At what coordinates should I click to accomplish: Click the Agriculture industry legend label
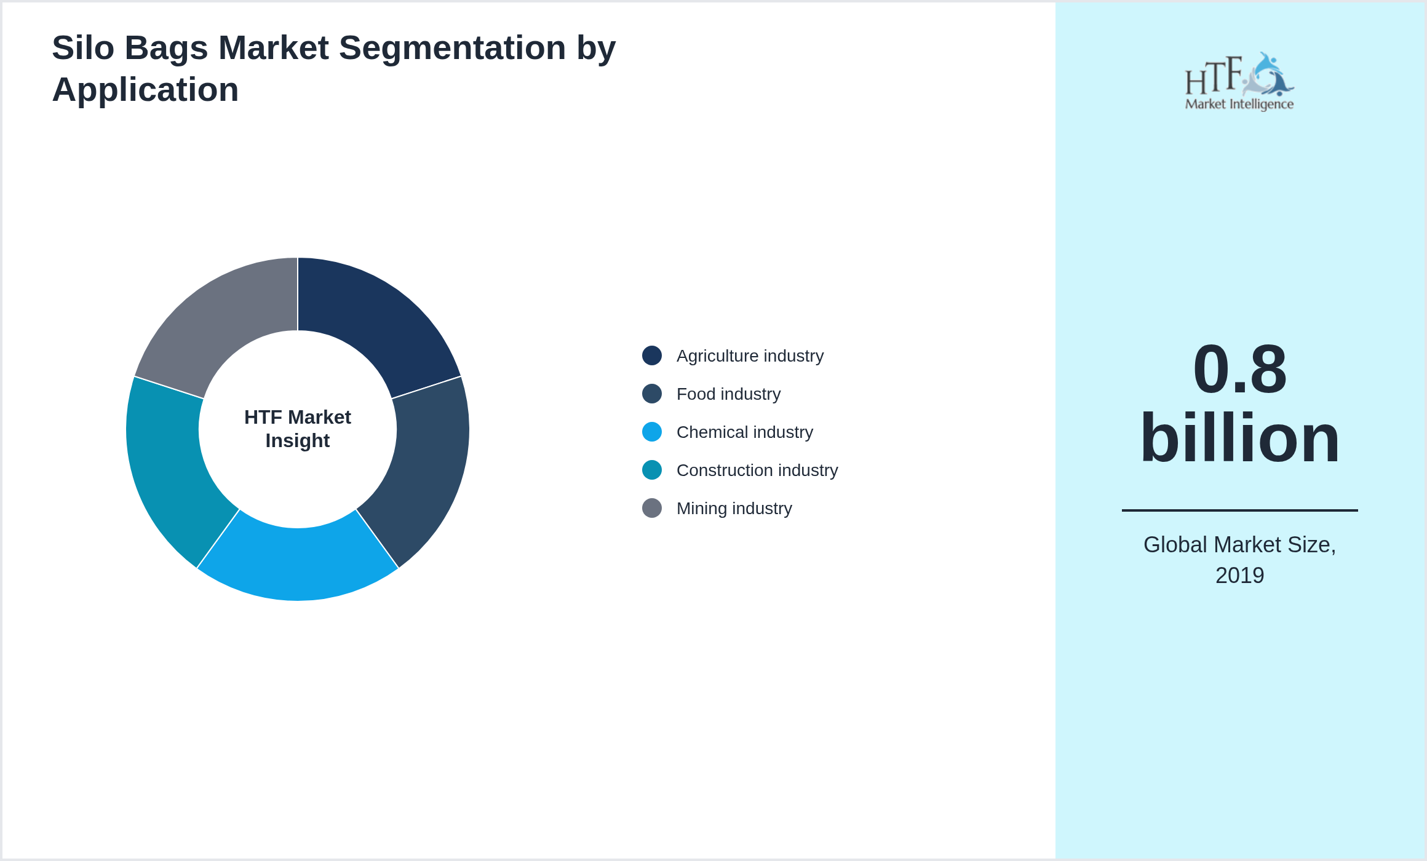point(749,356)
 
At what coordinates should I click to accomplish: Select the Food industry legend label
point(728,394)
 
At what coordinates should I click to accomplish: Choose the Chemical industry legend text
point(744,432)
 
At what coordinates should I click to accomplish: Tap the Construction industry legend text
point(757,470)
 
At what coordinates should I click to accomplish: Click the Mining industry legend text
point(734,509)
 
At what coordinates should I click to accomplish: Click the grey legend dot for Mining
point(652,508)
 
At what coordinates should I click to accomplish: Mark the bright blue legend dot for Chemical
point(652,432)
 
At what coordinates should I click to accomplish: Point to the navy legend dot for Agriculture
point(652,355)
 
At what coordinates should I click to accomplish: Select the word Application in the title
point(145,90)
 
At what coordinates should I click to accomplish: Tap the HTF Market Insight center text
point(298,429)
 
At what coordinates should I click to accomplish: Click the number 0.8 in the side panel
point(1239,369)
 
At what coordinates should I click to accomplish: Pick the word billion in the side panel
point(1239,438)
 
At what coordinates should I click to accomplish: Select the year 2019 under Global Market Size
point(1239,576)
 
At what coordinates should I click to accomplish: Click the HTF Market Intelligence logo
point(1239,82)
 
